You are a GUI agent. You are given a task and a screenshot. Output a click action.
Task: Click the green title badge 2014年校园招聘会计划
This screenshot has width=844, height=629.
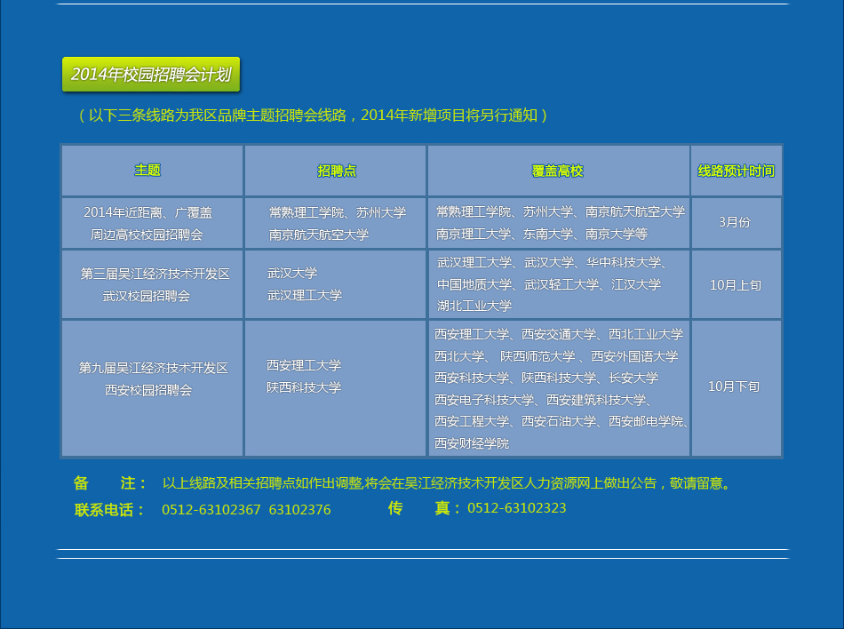pyautogui.click(x=151, y=75)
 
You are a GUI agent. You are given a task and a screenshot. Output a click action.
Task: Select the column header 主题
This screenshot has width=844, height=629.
pyautogui.click(x=147, y=170)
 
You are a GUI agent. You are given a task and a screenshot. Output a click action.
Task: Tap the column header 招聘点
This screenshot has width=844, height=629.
pyautogui.click(x=337, y=171)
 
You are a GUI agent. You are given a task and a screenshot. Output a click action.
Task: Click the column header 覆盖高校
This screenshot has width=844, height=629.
pyautogui.click(x=558, y=171)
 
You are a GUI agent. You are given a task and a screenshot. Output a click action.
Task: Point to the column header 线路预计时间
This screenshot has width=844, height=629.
pyautogui.click(x=736, y=171)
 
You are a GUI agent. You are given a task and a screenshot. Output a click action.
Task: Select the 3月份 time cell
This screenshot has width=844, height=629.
pyautogui.click(x=734, y=222)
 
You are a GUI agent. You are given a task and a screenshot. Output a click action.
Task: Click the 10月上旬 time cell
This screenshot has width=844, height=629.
pyautogui.click(x=736, y=284)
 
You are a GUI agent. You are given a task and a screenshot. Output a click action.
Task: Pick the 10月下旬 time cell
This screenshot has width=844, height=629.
pyautogui.click(x=734, y=386)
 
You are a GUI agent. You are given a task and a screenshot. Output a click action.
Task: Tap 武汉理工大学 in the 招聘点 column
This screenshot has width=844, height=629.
pyautogui.click(x=305, y=295)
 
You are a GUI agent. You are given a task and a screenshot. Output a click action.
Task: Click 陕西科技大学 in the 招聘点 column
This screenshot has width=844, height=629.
pyautogui.click(x=304, y=387)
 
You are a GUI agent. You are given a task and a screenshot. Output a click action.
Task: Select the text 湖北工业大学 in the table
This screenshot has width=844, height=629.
pyautogui.click(x=474, y=306)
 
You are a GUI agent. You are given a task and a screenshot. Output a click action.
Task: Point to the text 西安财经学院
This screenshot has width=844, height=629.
pyautogui.click(x=472, y=443)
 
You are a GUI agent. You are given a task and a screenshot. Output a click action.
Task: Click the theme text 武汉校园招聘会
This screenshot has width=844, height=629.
pyautogui.click(x=147, y=296)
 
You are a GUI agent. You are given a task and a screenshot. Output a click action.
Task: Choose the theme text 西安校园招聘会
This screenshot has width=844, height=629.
pyautogui.click(x=148, y=390)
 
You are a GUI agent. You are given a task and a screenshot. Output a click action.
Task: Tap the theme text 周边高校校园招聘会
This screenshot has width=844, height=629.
pyautogui.click(x=147, y=235)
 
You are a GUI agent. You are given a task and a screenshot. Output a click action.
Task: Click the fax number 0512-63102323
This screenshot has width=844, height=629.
pyautogui.click(x=517, y=508)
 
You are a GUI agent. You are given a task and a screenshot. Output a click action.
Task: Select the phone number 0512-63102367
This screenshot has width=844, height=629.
pyautogui.click(x=211, y=510)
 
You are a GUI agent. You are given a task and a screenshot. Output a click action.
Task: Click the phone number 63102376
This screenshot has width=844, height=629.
pyautogui.click(x=299, y=510)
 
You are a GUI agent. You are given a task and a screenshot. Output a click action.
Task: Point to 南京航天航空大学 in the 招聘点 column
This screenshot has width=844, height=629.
pyautogui.click(x=319, y=235)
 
